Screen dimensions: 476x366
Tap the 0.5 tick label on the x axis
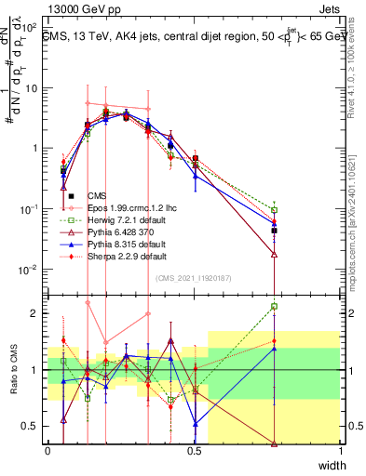pyautogui.click(x=194, y=451)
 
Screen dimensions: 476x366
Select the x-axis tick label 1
pyautogui.click(x=341, y=451)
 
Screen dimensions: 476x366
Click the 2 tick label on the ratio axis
pyautogui.click(x=35, y=313)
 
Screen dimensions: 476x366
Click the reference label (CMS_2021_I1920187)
pyautogui.click(x=194, y=276)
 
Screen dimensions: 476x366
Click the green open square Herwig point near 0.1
pyautogui.click(x=274, y=210)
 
